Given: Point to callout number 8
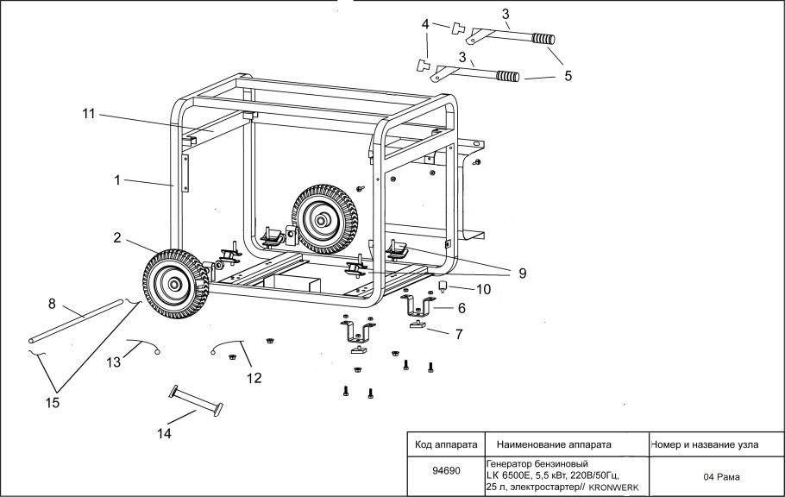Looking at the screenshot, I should click(52, 303).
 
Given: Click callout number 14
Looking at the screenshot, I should click(164, 433).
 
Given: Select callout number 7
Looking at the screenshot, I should click(458, 332).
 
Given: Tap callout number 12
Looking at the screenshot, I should click(253, 377).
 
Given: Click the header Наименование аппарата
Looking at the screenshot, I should click(555, 445).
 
